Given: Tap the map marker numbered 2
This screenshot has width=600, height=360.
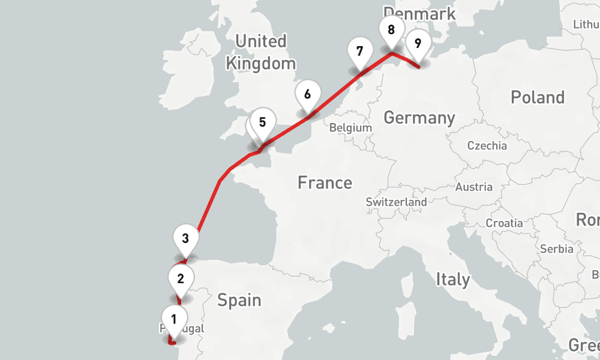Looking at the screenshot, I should (181, 278).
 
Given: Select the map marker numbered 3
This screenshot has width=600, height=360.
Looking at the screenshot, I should (185, 238).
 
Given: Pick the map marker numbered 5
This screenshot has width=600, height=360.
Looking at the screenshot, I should (262, 122).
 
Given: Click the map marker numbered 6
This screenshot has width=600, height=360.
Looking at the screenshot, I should (307, 94).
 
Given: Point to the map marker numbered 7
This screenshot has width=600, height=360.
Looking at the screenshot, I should (359, 51).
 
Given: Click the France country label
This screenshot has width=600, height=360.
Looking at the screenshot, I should (325, 182).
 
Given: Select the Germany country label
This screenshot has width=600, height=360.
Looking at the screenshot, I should (419, 118).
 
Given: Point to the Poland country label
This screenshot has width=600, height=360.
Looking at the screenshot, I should (538, 97).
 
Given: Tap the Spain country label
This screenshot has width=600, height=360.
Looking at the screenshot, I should (239, 299).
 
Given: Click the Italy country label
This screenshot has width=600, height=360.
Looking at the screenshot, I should (452, 279).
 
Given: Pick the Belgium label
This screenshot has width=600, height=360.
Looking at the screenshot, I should (351, 128).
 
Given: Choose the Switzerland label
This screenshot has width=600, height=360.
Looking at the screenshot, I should (396, 202).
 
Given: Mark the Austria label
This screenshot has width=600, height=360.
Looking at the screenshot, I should (474, 187).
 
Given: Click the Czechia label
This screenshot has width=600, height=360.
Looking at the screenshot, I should (487, 146).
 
